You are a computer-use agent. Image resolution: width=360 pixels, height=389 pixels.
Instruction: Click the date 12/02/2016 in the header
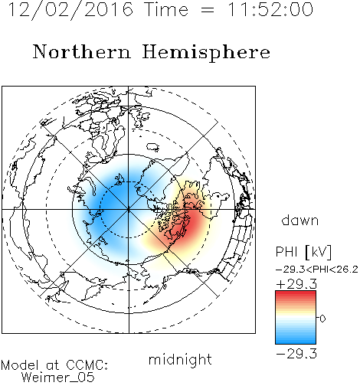tap(70, 10)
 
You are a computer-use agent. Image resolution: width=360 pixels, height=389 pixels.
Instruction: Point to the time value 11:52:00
tap(270, 10)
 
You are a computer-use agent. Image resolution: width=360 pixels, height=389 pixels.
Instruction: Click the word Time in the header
tap(166, 10)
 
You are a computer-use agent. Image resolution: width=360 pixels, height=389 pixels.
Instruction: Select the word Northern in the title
tap(82, 52)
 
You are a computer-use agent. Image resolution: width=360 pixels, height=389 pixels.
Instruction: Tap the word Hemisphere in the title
tap(206, 52)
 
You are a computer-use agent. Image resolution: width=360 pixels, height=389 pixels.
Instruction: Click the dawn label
tap(300, 220)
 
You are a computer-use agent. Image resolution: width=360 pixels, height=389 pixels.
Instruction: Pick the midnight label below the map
tap(180, 360)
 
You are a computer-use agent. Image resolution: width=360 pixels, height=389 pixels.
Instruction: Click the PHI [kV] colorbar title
tap(303, 252)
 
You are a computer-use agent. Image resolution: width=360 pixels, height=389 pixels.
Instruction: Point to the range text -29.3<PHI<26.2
tap(317, 270)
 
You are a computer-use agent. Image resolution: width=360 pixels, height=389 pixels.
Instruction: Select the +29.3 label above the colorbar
tap(296, 284)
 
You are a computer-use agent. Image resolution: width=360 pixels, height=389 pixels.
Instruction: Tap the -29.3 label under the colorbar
tap(296, 354)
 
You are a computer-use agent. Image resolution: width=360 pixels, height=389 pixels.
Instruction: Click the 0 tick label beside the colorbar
tap(322, 319)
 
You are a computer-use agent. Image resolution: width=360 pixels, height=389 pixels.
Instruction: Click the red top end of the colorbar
tap(296, 293)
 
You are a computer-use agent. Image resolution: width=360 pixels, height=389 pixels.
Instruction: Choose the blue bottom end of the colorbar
tap(296, 341)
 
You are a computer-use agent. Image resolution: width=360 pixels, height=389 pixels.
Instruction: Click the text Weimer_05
tap(58, 378)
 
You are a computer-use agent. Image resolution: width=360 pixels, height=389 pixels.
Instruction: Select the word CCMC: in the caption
tap(87, 365)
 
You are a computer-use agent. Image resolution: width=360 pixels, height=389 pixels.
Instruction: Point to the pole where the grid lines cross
tap(129, 210)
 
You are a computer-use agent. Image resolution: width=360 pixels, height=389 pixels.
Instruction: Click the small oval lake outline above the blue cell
tap(152, 147)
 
